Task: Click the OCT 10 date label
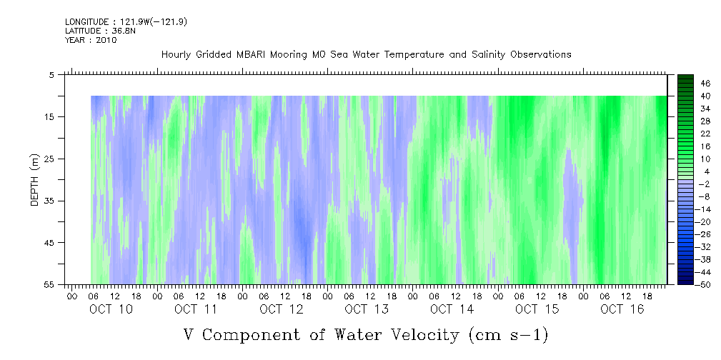pyautogui.click(x=111, y=309)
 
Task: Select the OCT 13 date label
pyautogui.click(x=367, y=309)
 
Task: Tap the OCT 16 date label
pyautogui.click(x=622, y=309)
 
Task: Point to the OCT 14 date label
pyautogui.click(x=452, y=309)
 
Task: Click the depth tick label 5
pyautogui.click(x=51, y=74)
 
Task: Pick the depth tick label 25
pyautogui.click(x=49, y=159)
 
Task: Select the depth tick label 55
pyautogui.click(x=49, y=284)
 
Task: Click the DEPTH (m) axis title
pyautogui.click(x=35, y=180)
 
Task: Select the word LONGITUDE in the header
pyautogui.click(x=84, y=21)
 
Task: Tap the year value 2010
pyautogui.click(x=107, y=40)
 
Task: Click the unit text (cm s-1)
pyautogui.click(x=509, y=335)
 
